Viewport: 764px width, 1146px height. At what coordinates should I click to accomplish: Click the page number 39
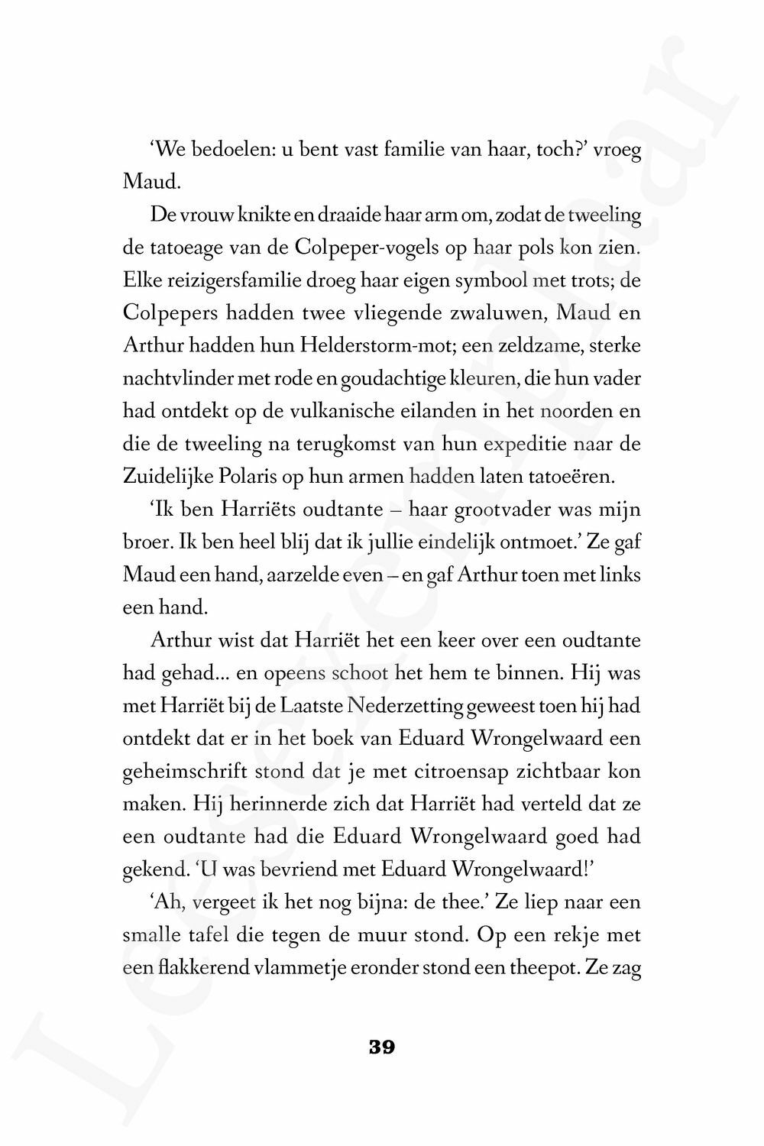(x=382, y=1047)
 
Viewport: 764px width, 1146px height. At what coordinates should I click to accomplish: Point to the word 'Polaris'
(x=248, y=477)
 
